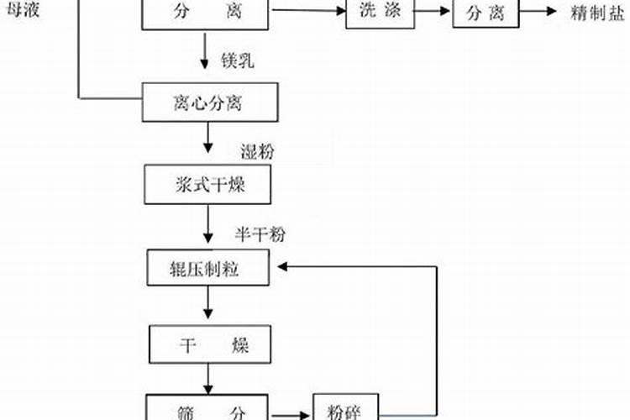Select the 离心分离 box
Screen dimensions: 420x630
click(x=208, y=103)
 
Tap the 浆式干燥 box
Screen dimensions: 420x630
click(x=207, y=184)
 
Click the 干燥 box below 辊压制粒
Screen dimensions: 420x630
click(x=208, y=344)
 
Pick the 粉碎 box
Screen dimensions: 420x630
click(x=346, y=409)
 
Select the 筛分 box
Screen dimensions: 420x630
click(x=208, y=409)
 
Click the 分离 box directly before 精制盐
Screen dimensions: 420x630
click(x=486, y=13)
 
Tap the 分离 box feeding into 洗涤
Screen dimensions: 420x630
click(x=207, y=14)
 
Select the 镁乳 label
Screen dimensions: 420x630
click(x=237, y=60)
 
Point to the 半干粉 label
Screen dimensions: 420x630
click(x=254, y=232)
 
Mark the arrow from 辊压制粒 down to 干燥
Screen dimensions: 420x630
click(x=207, y=305)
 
